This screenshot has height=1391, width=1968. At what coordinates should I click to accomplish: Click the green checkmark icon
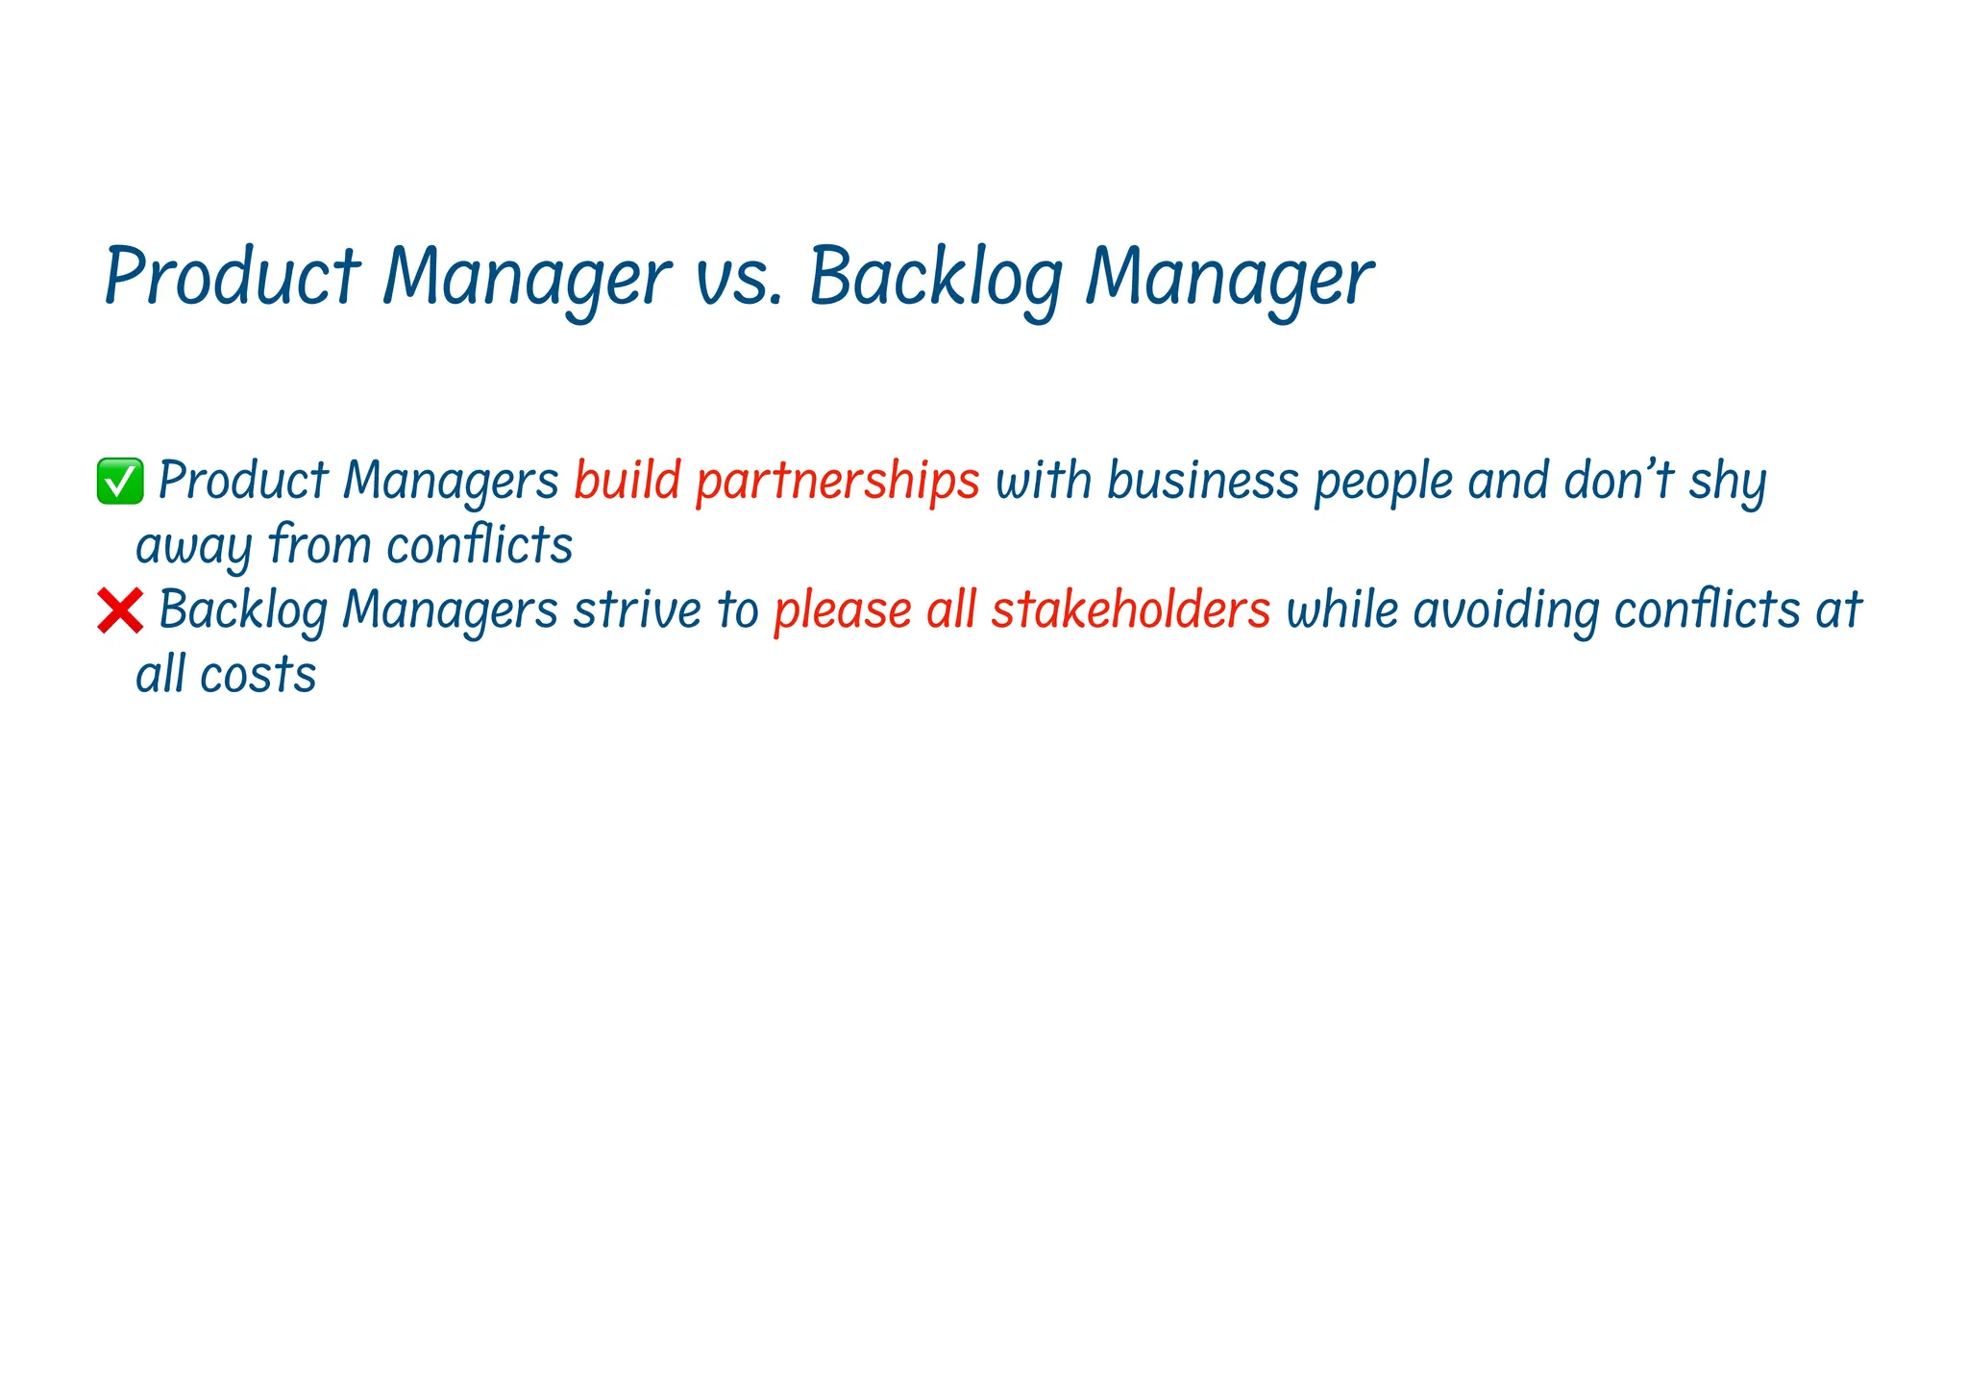120,481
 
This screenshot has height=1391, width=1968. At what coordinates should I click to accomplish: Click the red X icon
120,610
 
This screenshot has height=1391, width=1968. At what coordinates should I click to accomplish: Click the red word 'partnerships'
837,480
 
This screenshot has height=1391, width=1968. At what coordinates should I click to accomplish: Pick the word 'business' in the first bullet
1202,480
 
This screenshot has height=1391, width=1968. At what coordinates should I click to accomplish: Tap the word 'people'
1383,482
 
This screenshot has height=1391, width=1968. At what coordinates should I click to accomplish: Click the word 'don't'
1618,480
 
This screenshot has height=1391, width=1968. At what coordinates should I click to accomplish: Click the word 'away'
193,546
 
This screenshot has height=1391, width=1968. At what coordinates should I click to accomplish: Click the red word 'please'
842,610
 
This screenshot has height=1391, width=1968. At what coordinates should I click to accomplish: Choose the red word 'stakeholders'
1130,609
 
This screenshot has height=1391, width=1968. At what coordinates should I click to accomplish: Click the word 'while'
1341,609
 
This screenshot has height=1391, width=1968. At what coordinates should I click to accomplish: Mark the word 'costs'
258,675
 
